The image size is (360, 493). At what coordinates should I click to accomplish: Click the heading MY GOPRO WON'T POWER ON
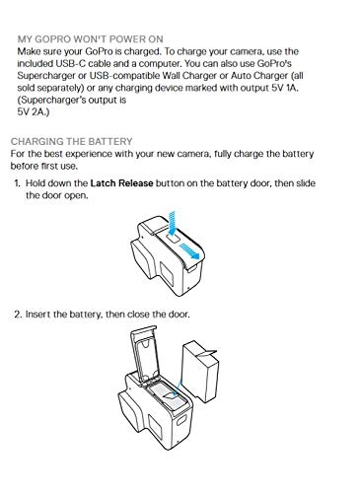[91, 39]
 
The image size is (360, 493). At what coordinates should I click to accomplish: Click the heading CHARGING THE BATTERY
[71, 142]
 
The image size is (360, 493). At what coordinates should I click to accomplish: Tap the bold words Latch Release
[121, 183]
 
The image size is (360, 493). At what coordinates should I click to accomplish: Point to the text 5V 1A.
[284, 88]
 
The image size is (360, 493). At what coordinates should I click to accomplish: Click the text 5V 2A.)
[34, 112]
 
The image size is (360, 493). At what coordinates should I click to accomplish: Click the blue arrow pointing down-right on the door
[190, 251]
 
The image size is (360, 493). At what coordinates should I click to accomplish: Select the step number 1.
[17, 183]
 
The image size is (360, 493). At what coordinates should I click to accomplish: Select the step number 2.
[18, 315]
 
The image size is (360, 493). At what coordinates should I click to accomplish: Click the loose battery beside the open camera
[200, 372]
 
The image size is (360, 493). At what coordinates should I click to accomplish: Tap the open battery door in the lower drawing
[145, 354]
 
